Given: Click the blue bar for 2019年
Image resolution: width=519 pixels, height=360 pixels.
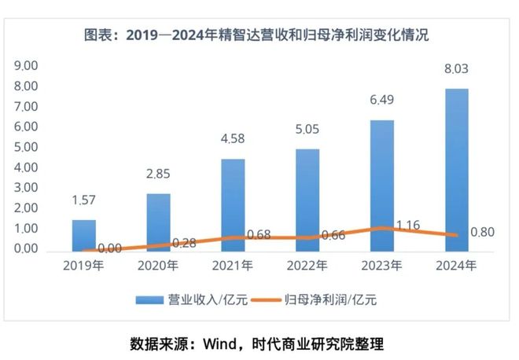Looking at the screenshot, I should click(x=84, y=234).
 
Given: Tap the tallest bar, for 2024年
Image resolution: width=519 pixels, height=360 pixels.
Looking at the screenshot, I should click(x=456, y=169).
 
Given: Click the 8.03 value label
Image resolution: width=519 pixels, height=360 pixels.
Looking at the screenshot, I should click(x=456, y=69).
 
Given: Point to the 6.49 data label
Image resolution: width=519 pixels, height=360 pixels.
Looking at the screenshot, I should click(x=381, y=101).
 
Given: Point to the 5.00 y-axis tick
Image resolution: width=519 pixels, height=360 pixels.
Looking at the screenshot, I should click(x=26, y=147).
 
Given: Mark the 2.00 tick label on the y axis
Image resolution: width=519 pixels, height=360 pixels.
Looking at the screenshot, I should click(x=26, y=208).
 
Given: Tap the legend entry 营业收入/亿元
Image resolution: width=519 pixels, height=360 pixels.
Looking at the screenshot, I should click(x=182, y=299).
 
